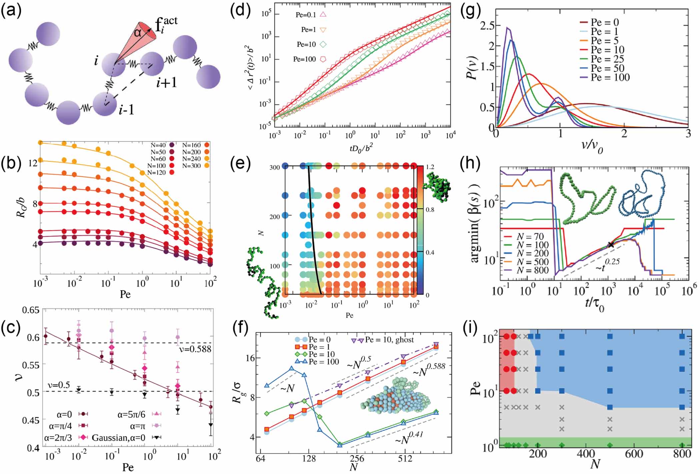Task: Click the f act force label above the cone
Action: [x=166, y=24]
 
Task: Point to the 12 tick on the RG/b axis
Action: [x=33, y=163]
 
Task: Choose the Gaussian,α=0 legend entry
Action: [x=118, y=438]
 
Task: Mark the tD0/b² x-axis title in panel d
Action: [x=361, y=148]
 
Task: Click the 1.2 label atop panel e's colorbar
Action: [x=430, y=167]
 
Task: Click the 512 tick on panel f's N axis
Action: [x=405, y=459]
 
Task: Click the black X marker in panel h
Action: [x=610, y=244]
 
